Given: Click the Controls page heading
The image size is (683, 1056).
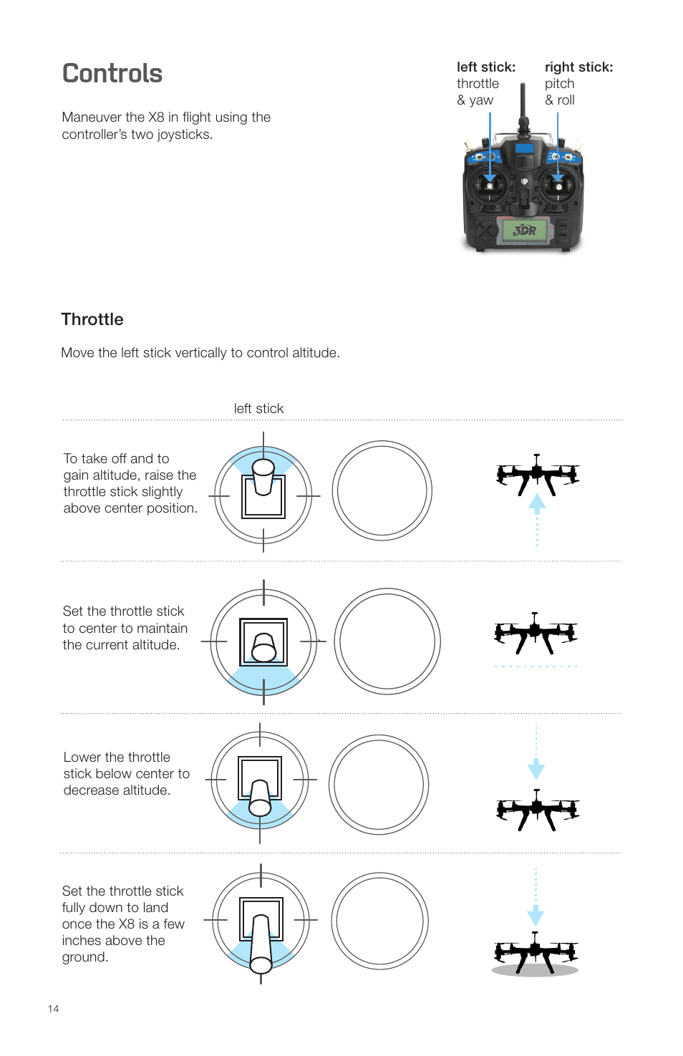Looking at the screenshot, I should tap(112, 74).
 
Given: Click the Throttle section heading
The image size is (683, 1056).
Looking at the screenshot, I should tap(92, 319).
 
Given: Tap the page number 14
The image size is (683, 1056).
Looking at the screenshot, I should tap(53, 1009).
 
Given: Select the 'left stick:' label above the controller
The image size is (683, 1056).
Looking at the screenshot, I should tap(486, 67).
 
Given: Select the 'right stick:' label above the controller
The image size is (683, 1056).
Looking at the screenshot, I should tap(578, 67).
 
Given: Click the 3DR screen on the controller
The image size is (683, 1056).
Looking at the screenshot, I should tap(525, 230).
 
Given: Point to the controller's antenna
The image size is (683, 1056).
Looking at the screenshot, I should tap(523, 107).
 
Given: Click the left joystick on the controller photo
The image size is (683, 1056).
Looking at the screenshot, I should tap(490, 186).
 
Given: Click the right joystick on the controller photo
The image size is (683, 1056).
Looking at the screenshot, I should tap(558, 186).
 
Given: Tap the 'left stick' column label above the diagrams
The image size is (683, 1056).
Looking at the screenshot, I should tap(258, 409).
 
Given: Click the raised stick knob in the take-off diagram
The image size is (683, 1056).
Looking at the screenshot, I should tap(263, 469).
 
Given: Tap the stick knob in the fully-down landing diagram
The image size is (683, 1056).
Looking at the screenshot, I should tap(261, 964).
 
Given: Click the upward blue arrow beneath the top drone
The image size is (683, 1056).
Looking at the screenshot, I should tap(537, 502).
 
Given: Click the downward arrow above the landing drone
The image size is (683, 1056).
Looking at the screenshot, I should tap(536, 916).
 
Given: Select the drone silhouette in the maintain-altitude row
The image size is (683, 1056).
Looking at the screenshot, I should tap(536, 632).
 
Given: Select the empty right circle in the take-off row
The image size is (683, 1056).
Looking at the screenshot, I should tap(382, 490).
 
